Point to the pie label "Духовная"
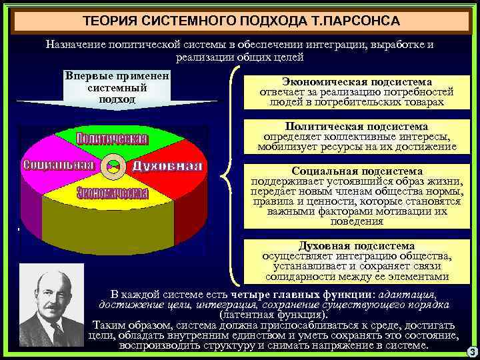[x=167, y=165]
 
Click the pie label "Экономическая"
[x=112, y=193]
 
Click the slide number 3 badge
[x=471, y=351]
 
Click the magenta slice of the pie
[x=47, y=150]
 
